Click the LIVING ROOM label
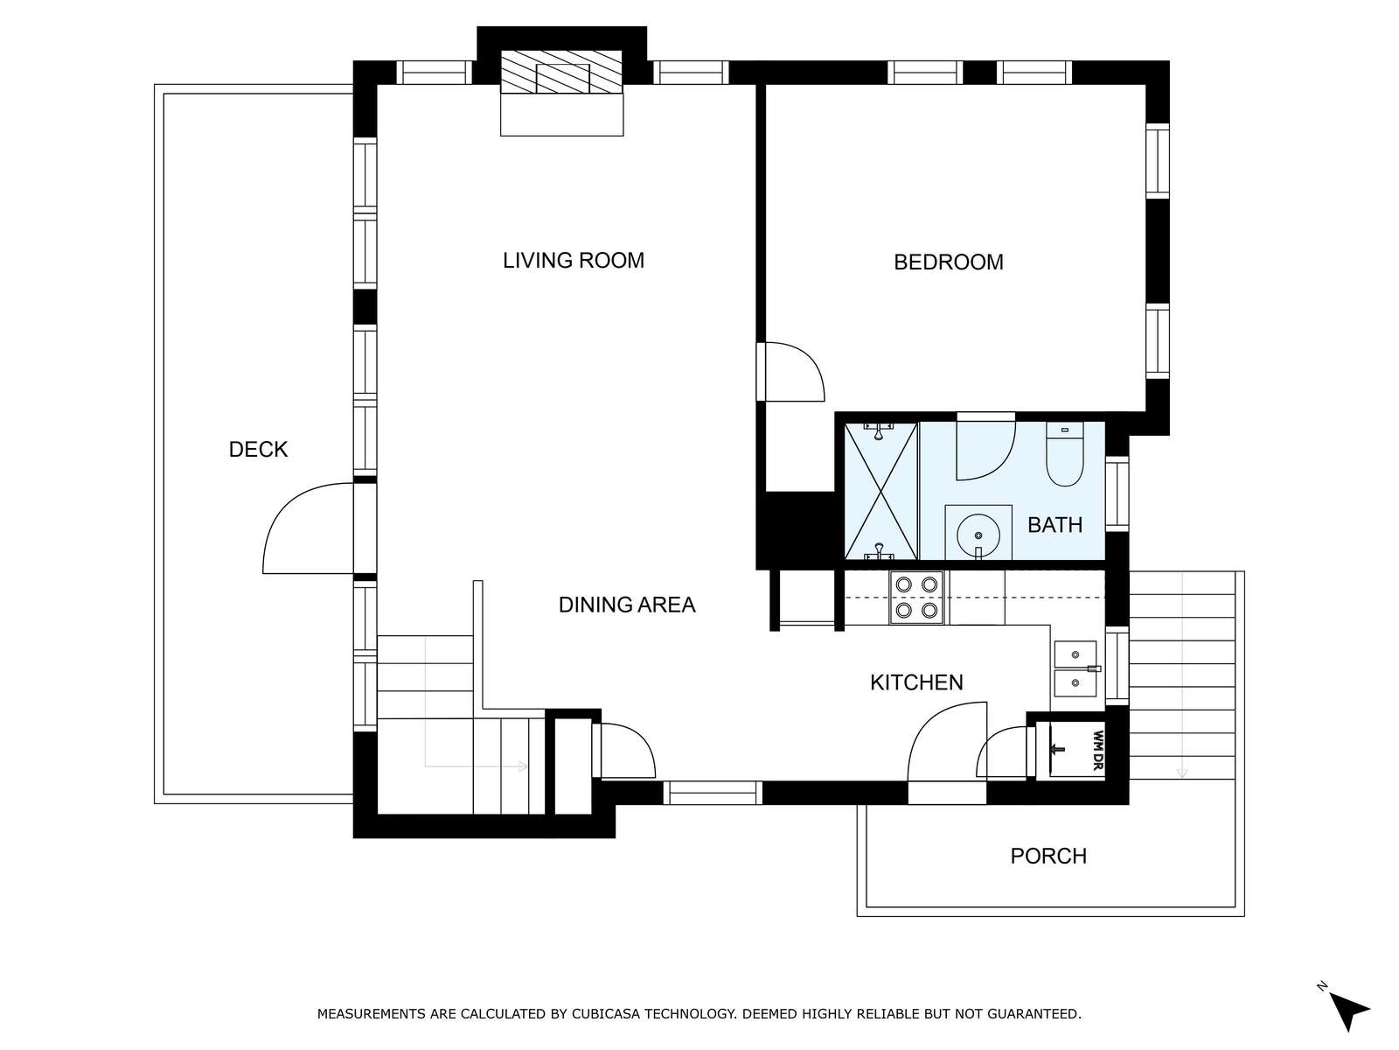(x=573, y=260)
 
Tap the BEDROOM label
(x=949, y=262)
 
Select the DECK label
(x=258, y=450)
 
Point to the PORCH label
(x=1048, y=856)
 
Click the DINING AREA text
(x=627, y=605)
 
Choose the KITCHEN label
(x=916, y=682)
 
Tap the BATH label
(x=1054, y=525)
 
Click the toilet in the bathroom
(x=1064, y=453)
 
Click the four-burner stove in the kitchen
(x=915, y=598)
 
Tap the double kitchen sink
(x=1075, y=668)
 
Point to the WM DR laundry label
(x=1097, y=751)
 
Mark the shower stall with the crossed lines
(x=880, y=491)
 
